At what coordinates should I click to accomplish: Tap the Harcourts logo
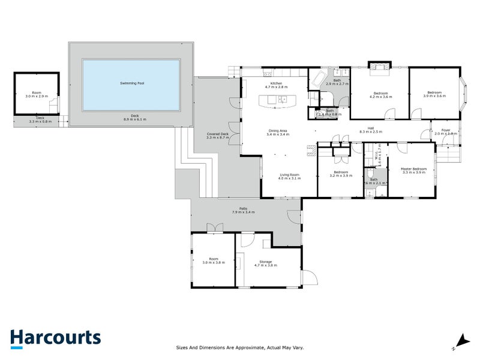point(55,338)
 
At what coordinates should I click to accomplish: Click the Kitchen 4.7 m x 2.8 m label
point(277,85)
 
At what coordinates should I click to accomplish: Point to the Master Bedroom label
point(414,170)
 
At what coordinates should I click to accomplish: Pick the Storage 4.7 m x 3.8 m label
point(266,263)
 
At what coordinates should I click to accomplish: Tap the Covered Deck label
point(218,135)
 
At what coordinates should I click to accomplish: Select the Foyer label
point(446,132)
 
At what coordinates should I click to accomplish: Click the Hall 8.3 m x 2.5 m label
point(371,130)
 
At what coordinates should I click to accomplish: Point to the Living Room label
point(289,176)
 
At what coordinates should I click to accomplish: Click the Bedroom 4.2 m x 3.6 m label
point(383,94)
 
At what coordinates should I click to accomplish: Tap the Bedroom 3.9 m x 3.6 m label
point(434,94)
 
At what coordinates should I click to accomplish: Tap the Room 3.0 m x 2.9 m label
point(36,94)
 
